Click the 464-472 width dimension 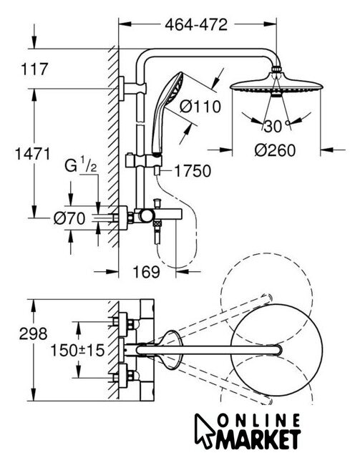pos(196,25)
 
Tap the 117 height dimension pos(34,69)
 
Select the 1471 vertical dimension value pos(32,154)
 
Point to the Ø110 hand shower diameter pos(200,107)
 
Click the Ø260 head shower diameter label pos(276,150)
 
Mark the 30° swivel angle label pos(276,126)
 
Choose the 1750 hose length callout pos(193,171)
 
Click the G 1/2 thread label pos(80,166)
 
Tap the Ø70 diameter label pos(69,218)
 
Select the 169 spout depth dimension pos(147,272)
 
